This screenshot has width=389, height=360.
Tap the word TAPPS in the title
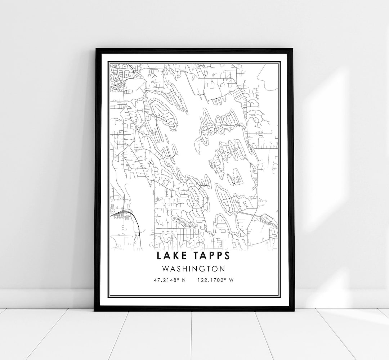point(212,256)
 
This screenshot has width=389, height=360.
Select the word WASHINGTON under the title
point(194,269)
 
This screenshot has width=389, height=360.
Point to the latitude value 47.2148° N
point(169,280)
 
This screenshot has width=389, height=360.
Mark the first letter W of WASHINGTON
point(165,269)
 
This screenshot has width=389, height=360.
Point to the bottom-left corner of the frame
point(95,310)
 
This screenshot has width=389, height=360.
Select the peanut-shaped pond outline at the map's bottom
point(166,237)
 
